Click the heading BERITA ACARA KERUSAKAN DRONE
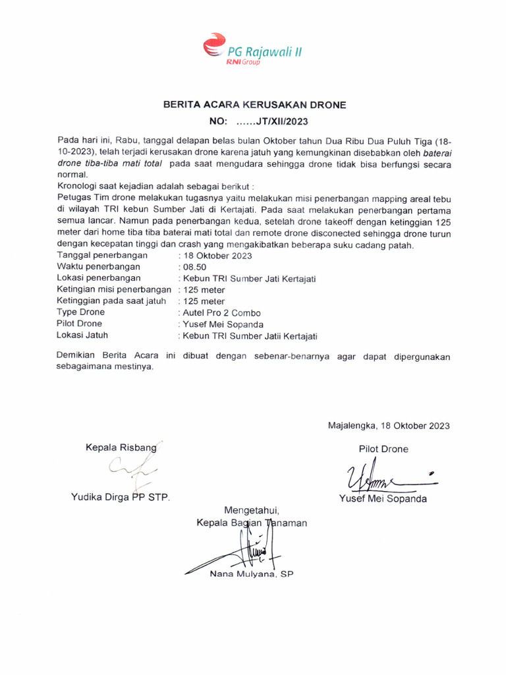click(254, 105)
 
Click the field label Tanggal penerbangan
click(102, 255)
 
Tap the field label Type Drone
click(81, 312)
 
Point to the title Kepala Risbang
click(121, 448)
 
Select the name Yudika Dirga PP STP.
click(121, 497)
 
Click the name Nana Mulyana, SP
click(251, 574)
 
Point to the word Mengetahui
click(252, 510)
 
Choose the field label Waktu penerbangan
click(99, 267)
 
